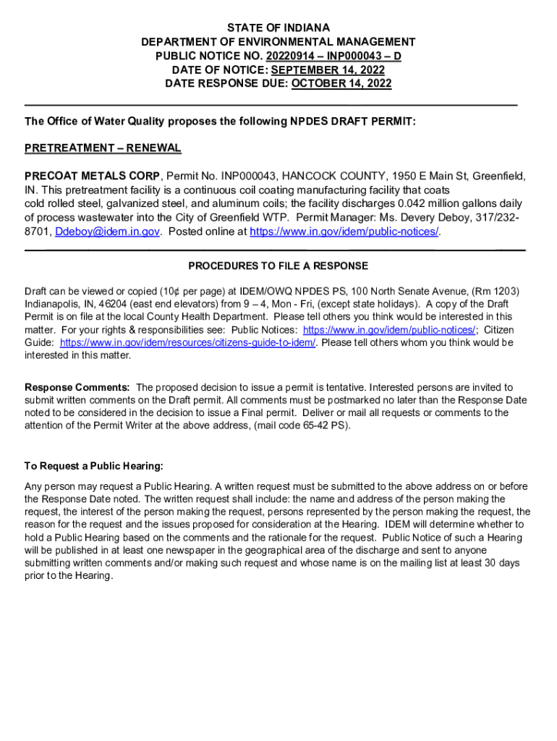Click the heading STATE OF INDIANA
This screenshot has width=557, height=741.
click(x=278, y=28)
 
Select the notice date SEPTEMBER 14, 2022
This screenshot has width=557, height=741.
click(x=328, y=70)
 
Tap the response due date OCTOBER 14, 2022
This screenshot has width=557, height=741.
click(x=341, y=84)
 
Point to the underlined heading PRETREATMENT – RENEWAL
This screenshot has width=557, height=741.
click(x=103, y=149)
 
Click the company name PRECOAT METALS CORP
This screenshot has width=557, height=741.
click(x=93, y=177)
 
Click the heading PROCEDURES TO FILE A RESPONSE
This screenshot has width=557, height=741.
click(x=278, y=266)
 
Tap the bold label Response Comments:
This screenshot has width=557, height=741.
click(x=77, y=388)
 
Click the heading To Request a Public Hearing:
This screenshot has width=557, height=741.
click(x=94, y=466)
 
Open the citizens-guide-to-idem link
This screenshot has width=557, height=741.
click(x=188, y=343)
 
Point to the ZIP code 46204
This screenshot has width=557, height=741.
click(x=95, y=304)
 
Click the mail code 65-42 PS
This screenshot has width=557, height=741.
click(x=326, y=425)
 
